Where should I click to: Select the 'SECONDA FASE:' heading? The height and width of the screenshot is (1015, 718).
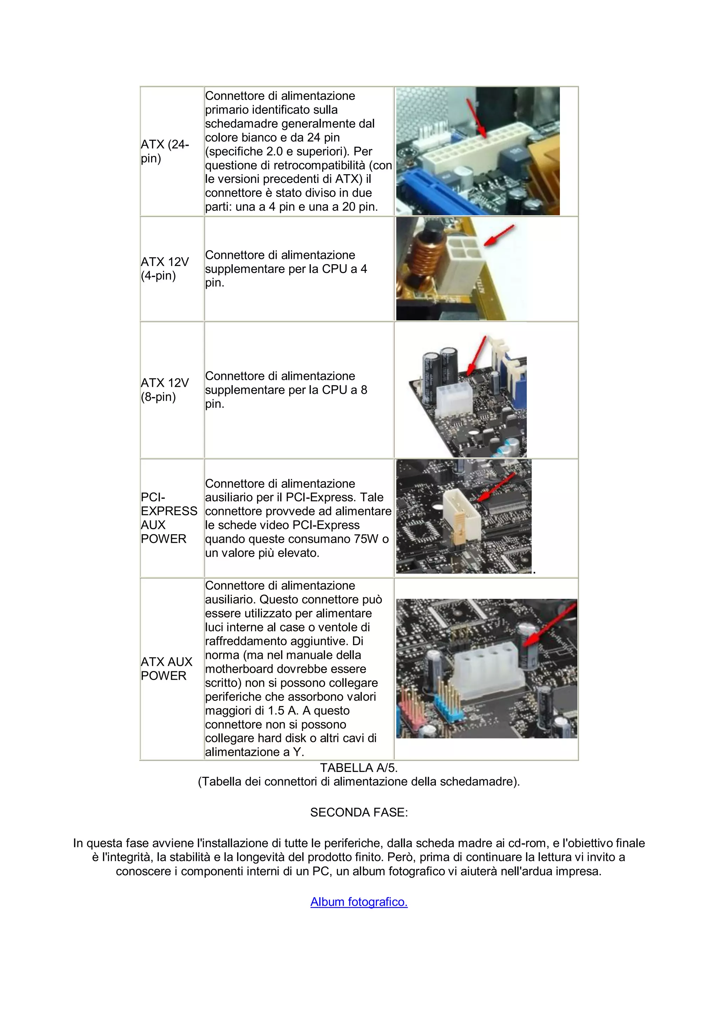[x=359, y=812]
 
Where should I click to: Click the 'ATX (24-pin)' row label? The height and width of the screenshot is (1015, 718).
[x=164, y=151]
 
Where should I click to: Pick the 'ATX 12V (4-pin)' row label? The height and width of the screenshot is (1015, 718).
[x=164, y=268]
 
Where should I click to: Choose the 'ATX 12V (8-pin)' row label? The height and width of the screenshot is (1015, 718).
[x=164, y=390]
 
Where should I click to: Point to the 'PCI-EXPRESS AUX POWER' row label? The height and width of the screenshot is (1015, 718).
[x=169, y=518]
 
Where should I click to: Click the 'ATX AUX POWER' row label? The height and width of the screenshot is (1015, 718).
[x=166, y=668]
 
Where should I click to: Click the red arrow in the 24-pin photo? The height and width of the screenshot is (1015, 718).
[x=477, y=117]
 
